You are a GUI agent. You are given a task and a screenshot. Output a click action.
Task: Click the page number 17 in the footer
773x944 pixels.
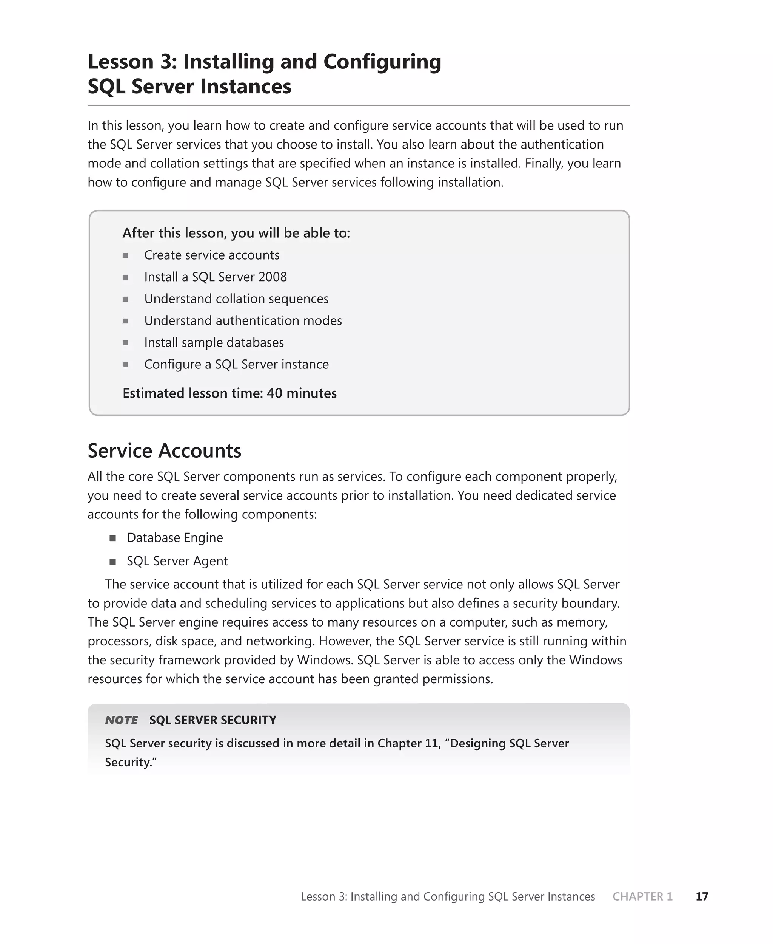pos(702,896)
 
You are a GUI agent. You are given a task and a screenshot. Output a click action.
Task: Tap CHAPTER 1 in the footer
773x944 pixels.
pos(642,896)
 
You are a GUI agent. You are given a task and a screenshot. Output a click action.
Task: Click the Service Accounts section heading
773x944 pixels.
pos(164,450)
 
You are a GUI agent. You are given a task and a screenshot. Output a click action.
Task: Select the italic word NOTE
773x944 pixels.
pos(121,720)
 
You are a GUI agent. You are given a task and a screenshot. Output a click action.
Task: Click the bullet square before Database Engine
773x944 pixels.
pos(112,538)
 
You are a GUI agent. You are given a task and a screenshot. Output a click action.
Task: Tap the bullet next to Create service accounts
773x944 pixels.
pos(126,255)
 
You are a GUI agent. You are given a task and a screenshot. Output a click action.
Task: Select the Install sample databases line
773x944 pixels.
pos(214,342)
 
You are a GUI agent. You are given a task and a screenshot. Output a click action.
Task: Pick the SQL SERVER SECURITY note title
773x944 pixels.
pos(212,720)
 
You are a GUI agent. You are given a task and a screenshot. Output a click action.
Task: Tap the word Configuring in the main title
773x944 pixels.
pos(382,62)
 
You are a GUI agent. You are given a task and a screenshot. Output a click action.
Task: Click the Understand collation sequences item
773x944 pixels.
pos(236,299)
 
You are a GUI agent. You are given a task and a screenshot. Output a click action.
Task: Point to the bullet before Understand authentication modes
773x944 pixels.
pos(126,321)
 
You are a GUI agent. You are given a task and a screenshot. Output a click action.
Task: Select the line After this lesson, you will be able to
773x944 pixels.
pos(236,233)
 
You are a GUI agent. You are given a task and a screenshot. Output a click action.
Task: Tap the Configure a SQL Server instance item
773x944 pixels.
pos(236,364)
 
